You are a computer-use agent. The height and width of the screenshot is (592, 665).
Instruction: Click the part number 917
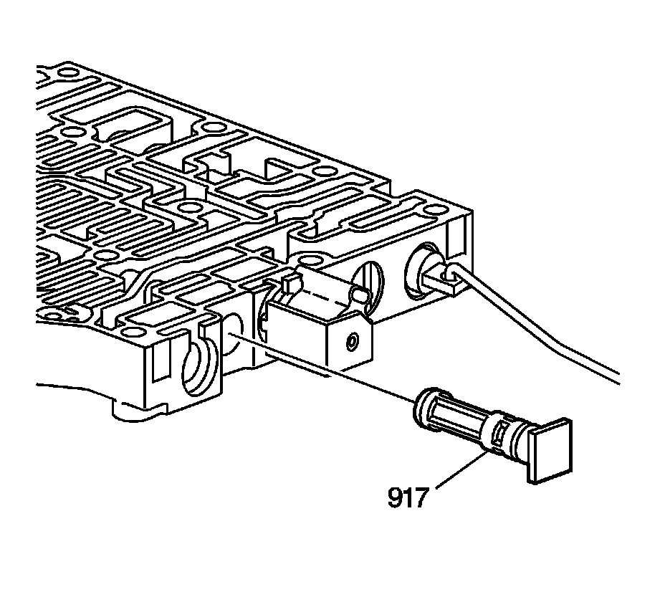tap(407, 497)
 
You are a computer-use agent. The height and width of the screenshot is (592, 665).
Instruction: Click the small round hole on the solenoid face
tap(352, 341)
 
